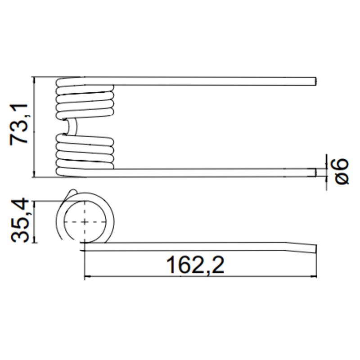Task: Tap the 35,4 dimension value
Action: tap(20, 220)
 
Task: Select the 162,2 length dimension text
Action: tap(195, 265)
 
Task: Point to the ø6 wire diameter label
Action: tap(342, 171)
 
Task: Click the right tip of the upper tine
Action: tap(316, 81)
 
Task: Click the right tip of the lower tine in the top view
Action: tap(316, 173)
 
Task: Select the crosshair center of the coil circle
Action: tap(85, 222)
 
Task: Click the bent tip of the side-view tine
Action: tap(316, 249)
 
